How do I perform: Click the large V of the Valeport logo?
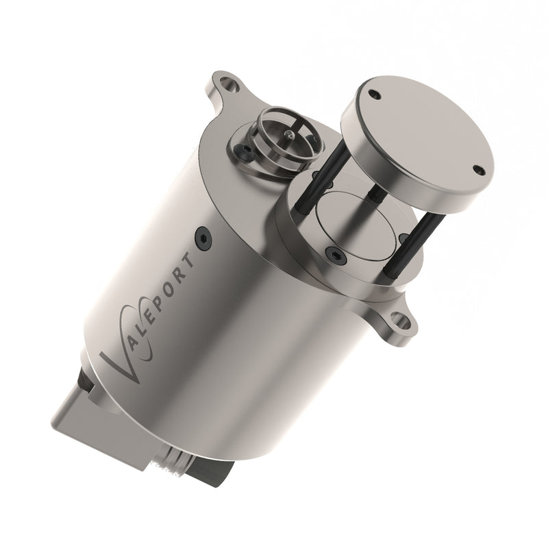tap(123, 360)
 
